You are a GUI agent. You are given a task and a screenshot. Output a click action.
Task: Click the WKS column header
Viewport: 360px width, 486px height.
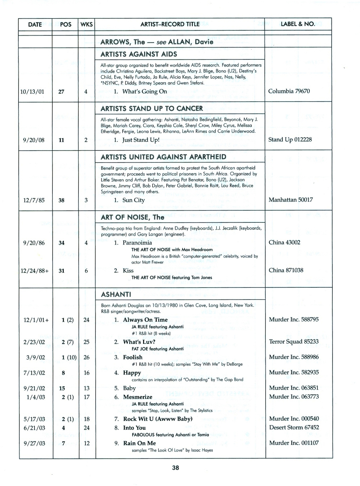point(87,24)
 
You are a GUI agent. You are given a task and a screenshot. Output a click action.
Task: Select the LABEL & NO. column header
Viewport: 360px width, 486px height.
point(298,24)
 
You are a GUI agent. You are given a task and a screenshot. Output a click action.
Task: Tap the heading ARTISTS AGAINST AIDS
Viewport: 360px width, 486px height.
point(139,54)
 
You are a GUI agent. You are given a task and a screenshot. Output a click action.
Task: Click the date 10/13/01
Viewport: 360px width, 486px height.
point(32,92)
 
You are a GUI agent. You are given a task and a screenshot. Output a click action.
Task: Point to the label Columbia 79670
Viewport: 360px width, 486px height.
point(289,91)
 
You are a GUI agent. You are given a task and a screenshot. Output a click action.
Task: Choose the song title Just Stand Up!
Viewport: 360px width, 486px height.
point(141,140)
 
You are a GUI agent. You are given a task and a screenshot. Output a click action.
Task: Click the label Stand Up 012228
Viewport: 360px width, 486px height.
point(290,139)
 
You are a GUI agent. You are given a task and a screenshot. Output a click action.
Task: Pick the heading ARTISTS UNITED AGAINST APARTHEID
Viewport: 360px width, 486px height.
point(163,157)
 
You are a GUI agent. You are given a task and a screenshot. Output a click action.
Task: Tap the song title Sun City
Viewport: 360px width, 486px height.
point(133,200)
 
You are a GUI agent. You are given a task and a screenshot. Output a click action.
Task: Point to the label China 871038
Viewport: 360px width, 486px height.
point(286,270)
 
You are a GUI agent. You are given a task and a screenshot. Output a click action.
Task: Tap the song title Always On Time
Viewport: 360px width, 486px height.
point(145,320)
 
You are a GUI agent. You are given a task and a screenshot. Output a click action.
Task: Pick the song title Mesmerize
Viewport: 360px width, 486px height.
point(138,397)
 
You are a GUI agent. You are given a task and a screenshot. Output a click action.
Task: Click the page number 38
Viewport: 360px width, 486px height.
point(175,468)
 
